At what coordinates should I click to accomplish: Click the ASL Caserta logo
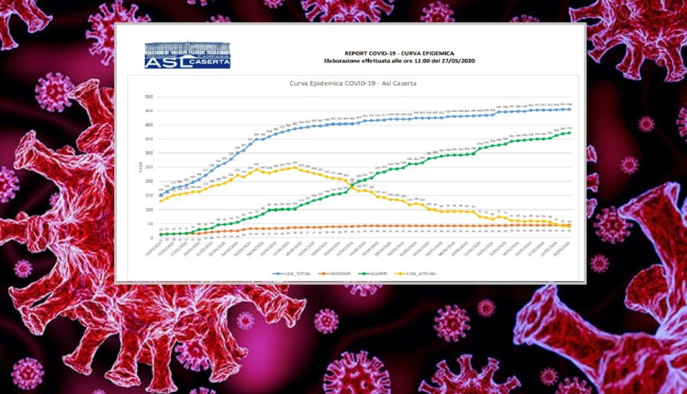[x=188, y=55]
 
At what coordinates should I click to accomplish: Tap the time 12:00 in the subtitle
[x=403, y=61]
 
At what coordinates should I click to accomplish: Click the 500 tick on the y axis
[x=148, y=97]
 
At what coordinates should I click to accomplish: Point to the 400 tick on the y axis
[x=148, y=125]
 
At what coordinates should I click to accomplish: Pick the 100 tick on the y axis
[x=148, y=209]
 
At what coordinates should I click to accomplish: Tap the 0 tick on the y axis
[x=151, y=238]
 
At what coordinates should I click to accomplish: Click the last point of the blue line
[x=570, y=109]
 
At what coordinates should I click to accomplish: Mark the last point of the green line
[x=570, y=133]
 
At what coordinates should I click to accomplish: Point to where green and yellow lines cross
[x=352, y=183]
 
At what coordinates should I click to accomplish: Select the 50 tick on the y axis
[x=150, y=224]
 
